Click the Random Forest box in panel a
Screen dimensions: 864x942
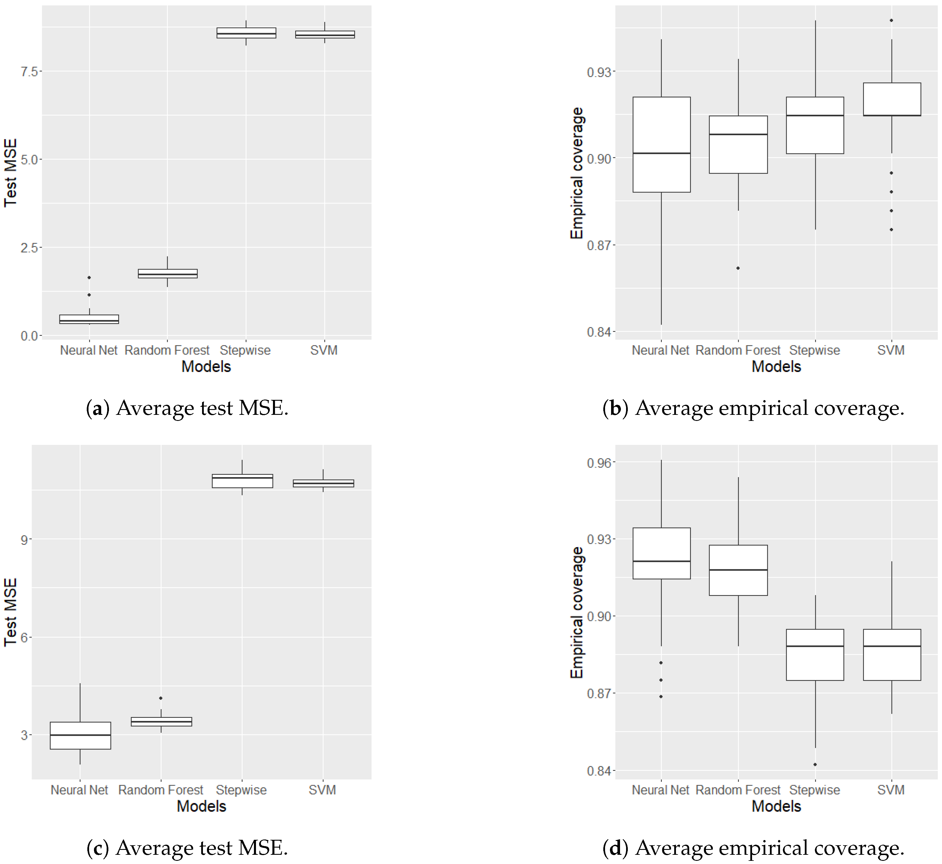[x=167, y=274]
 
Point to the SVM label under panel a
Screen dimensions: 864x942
[x=323, y=350]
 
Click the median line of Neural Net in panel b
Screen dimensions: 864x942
[x=662, y=153]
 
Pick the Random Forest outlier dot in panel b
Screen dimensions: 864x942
[x=738, y=268]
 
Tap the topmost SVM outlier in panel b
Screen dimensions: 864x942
[x=892, y=20]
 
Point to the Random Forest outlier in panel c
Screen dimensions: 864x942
[x=161, y=698]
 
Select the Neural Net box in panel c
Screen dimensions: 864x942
[x=80, y=735]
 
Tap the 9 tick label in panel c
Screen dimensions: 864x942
[x=24, y=540]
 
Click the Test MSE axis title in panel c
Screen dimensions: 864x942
[x=10, y=612]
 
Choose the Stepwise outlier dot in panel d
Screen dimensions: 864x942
[x=815, y=765]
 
